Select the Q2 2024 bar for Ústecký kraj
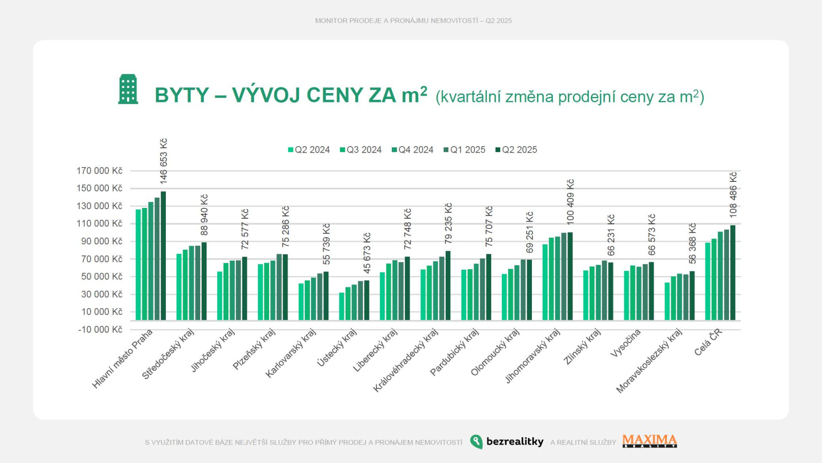click(342, 307)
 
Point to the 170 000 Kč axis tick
click(99, 171)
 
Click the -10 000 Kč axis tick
click(100, 329)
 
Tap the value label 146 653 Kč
click(164, 161)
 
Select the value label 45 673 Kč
click(367, 253)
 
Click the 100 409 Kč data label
click(570, 201)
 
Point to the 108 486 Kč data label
click(733, 195)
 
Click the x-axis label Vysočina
click(626, 343)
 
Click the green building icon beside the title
click(128, 89)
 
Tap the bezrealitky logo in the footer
click(507, 442)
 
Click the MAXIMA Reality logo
click(649, 441)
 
